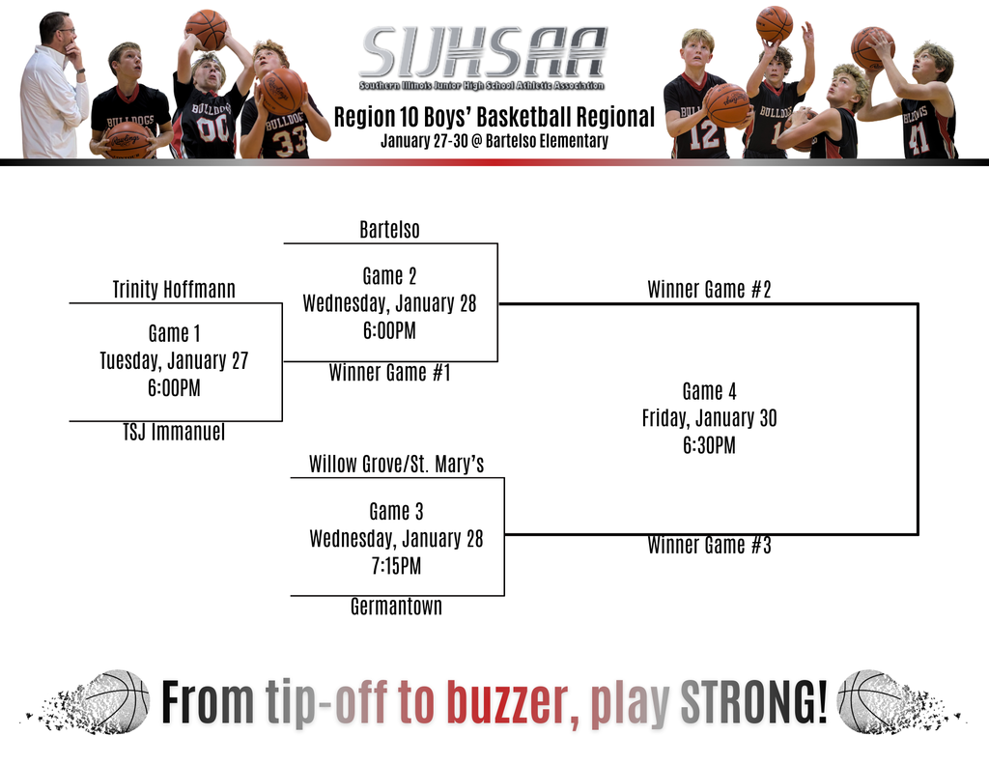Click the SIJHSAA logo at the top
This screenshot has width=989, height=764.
(x=483, y=53)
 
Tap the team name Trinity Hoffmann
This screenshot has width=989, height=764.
(x=174, y=289)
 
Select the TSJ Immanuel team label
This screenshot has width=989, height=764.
(x=174, y=433)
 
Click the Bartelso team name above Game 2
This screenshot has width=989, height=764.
(x=389, y=230)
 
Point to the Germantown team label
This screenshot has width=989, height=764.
(x=396, y=607)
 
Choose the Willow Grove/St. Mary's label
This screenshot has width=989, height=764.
(x=396, y=465)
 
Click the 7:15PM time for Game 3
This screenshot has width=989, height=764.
(x=396, y=566)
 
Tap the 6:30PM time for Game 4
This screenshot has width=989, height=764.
(x=709, y=445)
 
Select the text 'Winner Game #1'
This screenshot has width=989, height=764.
(x=389, y=373)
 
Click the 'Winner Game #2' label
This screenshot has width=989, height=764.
(x=709, y=289)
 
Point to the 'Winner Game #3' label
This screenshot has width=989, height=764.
(x=709, y=546)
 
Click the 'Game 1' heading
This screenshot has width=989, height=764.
(x=174, y=333)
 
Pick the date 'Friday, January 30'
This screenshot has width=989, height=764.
(x=709, y=418)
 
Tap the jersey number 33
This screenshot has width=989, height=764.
(x=289, y=141)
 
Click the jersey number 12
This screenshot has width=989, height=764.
(x=704, y=135)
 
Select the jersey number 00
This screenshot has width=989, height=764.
(x=212, y=128)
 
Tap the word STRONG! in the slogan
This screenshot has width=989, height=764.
(x=754, y=702)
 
